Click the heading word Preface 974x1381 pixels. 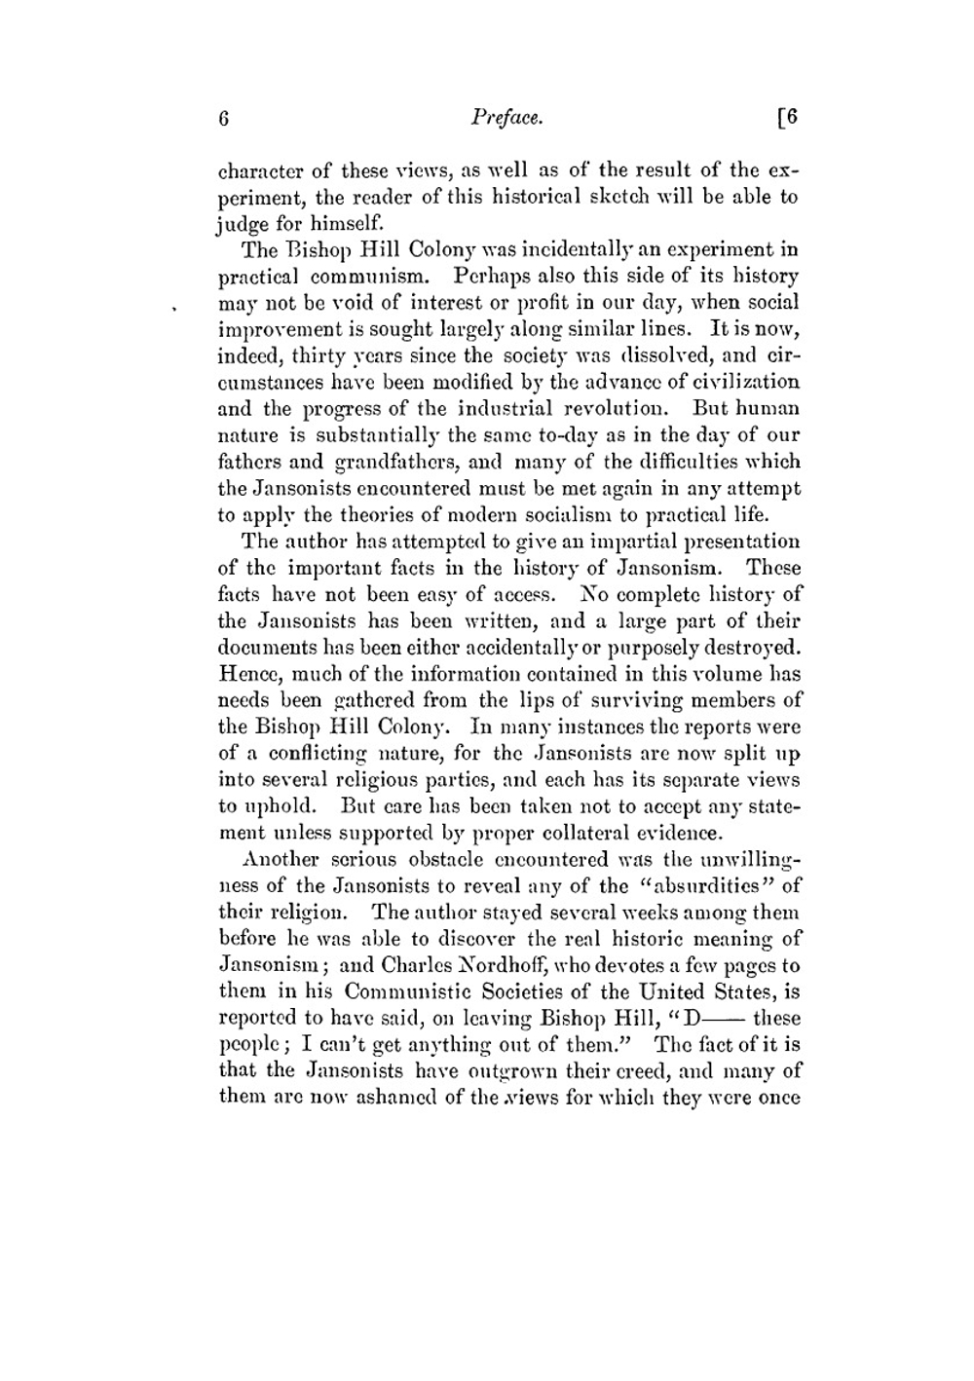pyautogui.click(x=506, y=118)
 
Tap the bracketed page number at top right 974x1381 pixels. pyautogui.click(x=787, y=118)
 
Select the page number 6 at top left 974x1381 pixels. pyautogui.click(x=223, y=119)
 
